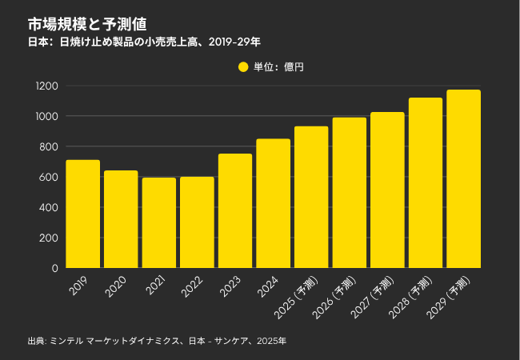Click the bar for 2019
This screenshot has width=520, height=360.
pos(82,214)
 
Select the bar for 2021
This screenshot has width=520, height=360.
pos(158,223)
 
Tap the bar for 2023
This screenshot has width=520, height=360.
pos(235,211)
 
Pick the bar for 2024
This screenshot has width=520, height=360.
pos(273,204)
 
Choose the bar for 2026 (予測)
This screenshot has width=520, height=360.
pos(349,193)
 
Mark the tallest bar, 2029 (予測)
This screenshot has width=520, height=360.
pos(463,179)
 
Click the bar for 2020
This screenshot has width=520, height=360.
pos(121,219)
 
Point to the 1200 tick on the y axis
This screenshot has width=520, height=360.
pos(46,86)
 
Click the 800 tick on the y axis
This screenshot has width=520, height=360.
pos(49,146)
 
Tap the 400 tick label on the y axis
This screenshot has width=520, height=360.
pos(49,207)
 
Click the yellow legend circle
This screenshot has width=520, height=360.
pos(244,67)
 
